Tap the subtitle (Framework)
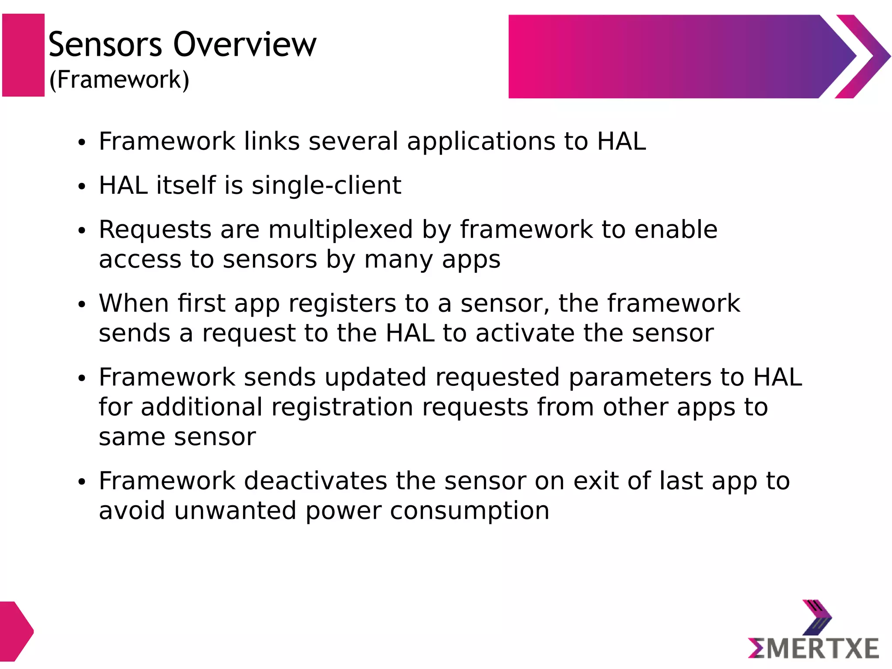click(119, 80)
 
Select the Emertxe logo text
click(814, 649)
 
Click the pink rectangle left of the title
click(23, 55)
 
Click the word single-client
click(326, 186)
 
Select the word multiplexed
click(340, 230)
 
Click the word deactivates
click(315, 481)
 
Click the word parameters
click(640, 377)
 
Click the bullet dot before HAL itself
click(81, 186)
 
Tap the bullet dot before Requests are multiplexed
click(81, 231)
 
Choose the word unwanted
click(235, 511)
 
